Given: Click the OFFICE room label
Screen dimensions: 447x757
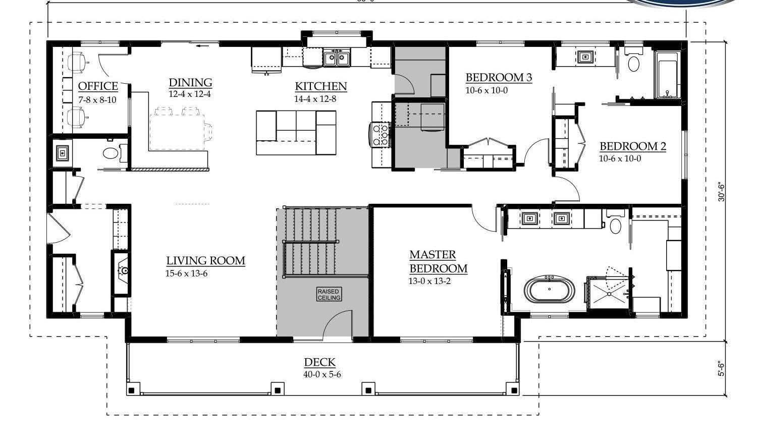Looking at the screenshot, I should [98, 86].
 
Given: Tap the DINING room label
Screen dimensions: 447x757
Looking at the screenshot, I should [190, 83].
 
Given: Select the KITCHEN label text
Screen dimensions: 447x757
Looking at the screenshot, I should [321, 86].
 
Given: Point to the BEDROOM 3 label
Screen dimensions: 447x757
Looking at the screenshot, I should [499, 78].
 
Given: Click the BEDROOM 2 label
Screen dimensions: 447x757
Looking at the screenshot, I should [633, 147].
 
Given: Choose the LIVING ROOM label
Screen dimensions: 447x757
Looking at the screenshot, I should [206, 261].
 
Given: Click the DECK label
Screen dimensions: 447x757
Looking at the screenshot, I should [319, 362].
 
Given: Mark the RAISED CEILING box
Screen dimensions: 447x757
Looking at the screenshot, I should [329, 295].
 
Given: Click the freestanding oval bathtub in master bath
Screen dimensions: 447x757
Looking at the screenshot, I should [549, 290].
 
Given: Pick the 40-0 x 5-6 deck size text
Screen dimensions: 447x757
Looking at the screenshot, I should [322, 374].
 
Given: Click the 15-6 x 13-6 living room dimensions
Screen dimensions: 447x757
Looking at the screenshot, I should [187, 273].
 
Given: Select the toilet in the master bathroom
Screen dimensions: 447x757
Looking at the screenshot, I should [615, 225].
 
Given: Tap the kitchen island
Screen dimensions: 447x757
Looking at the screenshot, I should [296, 133].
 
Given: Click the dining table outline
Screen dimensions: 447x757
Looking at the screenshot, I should [179, 130].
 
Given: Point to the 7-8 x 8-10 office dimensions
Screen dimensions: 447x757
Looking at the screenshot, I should [97, 100].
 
